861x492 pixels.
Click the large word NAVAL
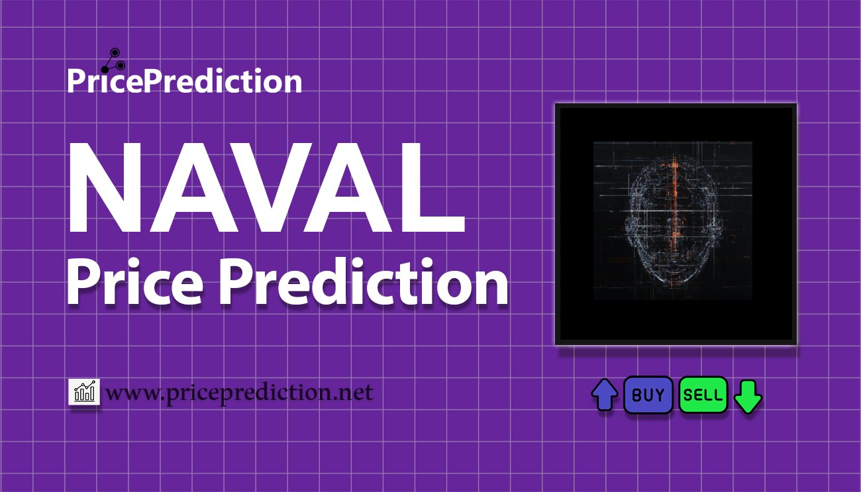pos(265,189)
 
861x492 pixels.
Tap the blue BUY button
pos(648,395)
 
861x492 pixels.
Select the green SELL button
pos(703,395)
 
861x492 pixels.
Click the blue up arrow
pos(604,395)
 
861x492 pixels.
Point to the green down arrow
pos(748,396)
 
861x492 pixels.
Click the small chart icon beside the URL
pos(84,392)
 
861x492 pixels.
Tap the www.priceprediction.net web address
pos(240,393)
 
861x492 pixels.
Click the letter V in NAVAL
pos(265,189)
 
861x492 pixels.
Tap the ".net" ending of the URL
pos(352,393)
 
